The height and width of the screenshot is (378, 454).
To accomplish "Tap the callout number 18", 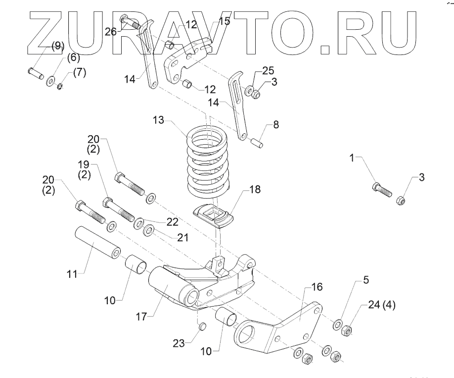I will (x=254, y=189).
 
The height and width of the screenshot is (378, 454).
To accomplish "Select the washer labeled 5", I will (x=338, y=324).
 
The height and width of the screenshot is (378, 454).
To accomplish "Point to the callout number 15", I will (x=224, y=21).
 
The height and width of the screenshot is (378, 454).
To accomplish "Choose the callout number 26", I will (x=111, y=31).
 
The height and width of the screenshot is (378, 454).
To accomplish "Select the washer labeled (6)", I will (x=50, y=80).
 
